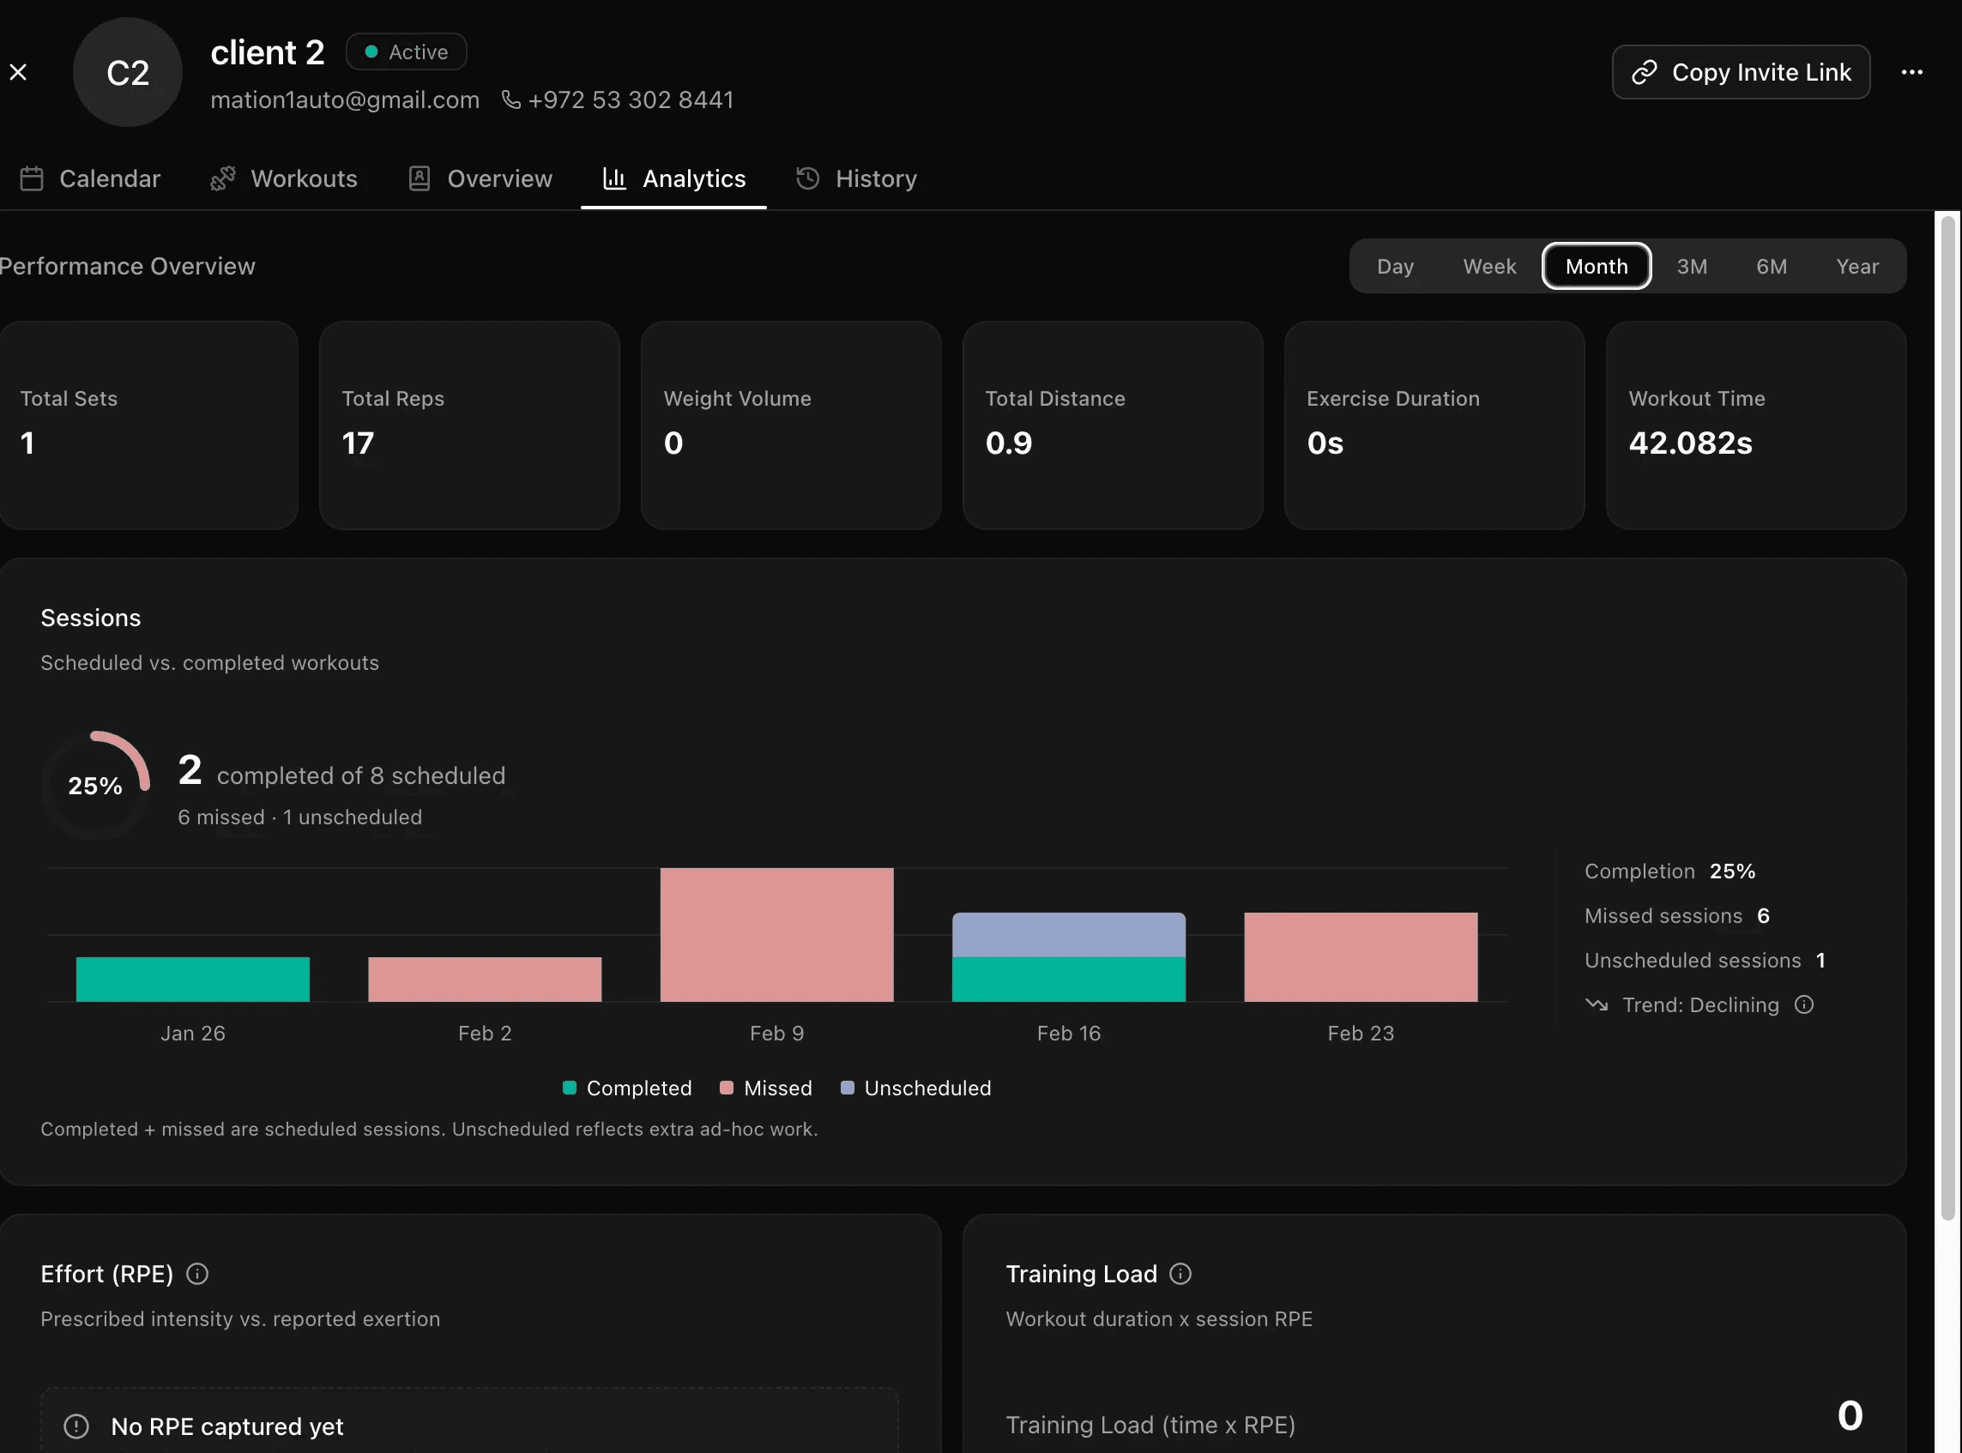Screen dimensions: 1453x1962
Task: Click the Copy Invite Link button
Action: [1741, 72]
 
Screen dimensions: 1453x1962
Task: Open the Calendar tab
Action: [91, 178]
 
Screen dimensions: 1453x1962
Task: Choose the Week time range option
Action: [1488, 267]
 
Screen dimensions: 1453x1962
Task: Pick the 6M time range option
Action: [1771, 267]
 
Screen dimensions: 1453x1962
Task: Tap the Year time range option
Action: [1856, 267]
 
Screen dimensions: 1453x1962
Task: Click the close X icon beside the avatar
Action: [19, 72]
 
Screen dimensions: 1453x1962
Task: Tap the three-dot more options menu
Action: [1911, 72]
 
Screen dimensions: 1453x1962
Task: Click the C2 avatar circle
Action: [128, 72]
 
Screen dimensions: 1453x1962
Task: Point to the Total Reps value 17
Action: [358, 443]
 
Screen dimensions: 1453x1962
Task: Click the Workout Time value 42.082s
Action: [1689, 443]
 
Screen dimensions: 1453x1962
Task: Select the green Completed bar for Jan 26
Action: [193, 979]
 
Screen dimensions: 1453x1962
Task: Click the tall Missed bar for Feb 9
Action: [777, 934]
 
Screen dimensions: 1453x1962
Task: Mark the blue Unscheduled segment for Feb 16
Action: [1068, 934]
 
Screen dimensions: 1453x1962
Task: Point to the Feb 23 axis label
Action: [1361, 1034]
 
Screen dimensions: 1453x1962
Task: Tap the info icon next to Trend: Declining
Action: [1803, 1004]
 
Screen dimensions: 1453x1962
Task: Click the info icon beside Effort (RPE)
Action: [198, 1274]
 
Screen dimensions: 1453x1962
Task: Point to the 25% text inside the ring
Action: [95, 786]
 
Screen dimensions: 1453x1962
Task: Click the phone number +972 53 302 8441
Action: [630, 100]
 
